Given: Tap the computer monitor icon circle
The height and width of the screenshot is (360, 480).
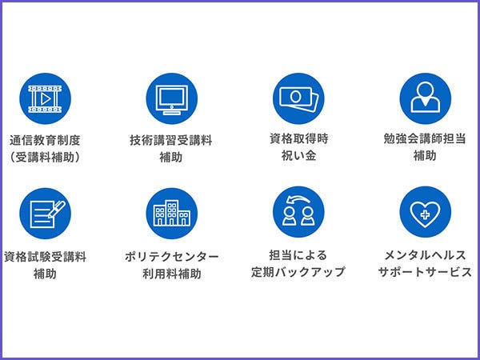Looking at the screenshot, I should coord(171,99).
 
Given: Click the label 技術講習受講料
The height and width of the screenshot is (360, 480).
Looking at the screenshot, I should coord(171,139).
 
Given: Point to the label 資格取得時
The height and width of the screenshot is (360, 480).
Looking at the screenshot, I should coord(299,138).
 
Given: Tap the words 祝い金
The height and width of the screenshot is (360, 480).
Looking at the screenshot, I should coord(299,156).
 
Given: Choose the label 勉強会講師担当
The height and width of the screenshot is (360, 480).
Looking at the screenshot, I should coord(425,138).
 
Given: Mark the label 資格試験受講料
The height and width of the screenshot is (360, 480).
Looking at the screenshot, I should coord(46,257).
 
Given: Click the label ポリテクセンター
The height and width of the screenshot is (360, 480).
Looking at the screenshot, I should coord(171,257).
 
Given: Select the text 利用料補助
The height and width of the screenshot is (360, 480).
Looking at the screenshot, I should coord(171,274).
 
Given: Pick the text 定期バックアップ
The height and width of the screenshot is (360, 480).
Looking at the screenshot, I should coord(299,272).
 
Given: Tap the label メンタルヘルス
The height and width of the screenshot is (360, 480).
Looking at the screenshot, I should coord(425,255).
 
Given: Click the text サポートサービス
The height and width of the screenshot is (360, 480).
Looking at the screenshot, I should coord(425,272).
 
